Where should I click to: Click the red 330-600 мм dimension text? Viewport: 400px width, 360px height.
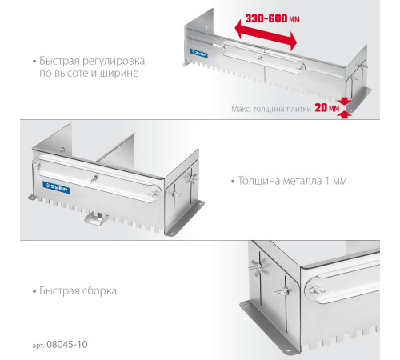(x=272, y=18)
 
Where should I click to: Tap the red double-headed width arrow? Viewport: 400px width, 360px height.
(x=266, y=34)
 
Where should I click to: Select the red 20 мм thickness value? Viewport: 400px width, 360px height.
(x=327, y=108)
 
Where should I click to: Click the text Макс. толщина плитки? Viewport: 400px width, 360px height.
(x=271, y=109)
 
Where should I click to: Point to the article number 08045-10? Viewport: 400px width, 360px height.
(x=67, y=345)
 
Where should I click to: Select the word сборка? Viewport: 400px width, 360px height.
(x=99, y=291)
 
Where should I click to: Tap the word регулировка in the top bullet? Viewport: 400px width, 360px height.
(x=114, y=62)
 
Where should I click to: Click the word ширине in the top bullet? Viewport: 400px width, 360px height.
(x=119, y=73)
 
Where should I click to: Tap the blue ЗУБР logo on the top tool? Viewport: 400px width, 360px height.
(x=198, y=53)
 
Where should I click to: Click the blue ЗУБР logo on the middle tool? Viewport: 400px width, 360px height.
(x=56, y=187)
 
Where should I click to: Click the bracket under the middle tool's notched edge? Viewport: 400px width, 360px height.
(x=96, y=218)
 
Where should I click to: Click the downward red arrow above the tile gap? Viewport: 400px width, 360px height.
(x=345, y=101)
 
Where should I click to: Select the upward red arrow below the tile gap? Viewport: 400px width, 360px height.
(x=345, y=114)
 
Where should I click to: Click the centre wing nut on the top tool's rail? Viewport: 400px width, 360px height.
(x=259, y=57)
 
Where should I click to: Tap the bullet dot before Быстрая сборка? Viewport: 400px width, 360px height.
(x=34, y=291)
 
